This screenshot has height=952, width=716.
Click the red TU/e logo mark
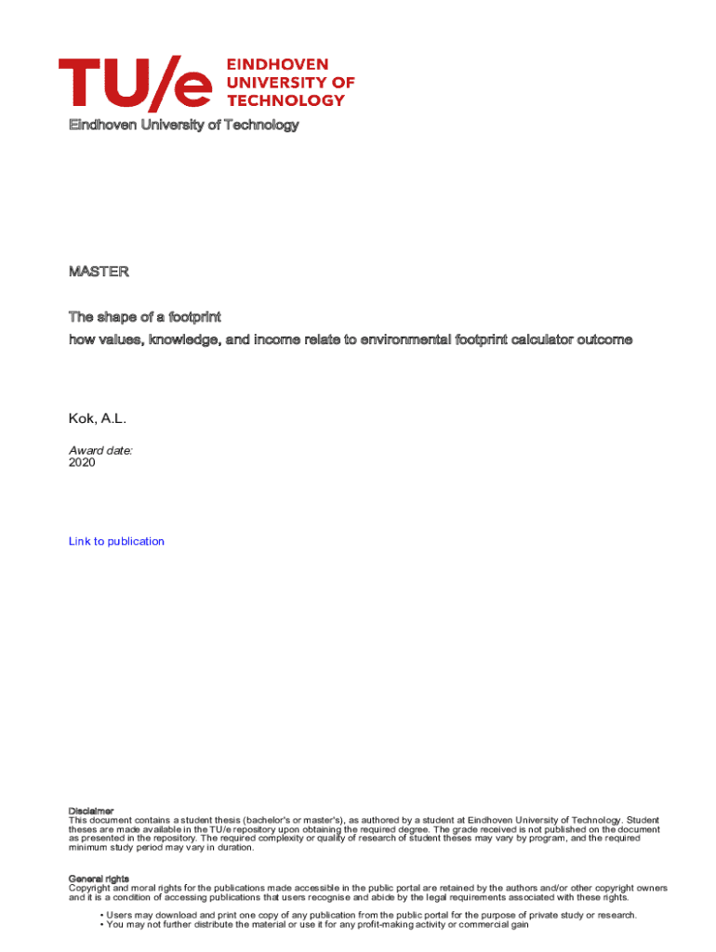[x=137, y=82]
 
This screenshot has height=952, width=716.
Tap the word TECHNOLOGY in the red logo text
[x=286, y=99]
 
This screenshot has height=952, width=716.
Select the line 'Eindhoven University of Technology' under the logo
[x=183, y=125]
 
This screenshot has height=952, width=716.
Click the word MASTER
[x=99, y=272]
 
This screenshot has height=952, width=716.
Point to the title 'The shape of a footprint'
[x=144, y=318]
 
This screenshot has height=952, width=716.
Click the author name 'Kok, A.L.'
[x=97, y=420]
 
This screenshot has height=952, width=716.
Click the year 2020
[x=82, y=462]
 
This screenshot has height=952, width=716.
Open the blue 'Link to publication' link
[x=116, y=541]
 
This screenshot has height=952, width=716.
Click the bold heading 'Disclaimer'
[x=91, y=811]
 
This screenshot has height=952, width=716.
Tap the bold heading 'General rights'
[x=99, y=879]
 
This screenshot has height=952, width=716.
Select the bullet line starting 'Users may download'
[x=367, y=915]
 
